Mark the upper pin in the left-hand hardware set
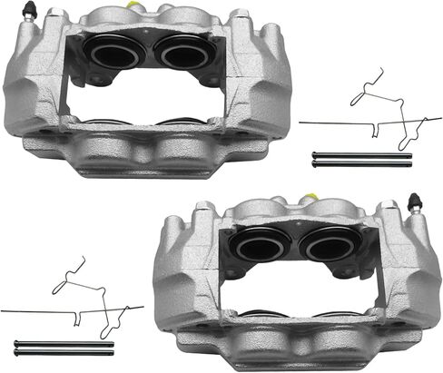coord(64,342)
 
